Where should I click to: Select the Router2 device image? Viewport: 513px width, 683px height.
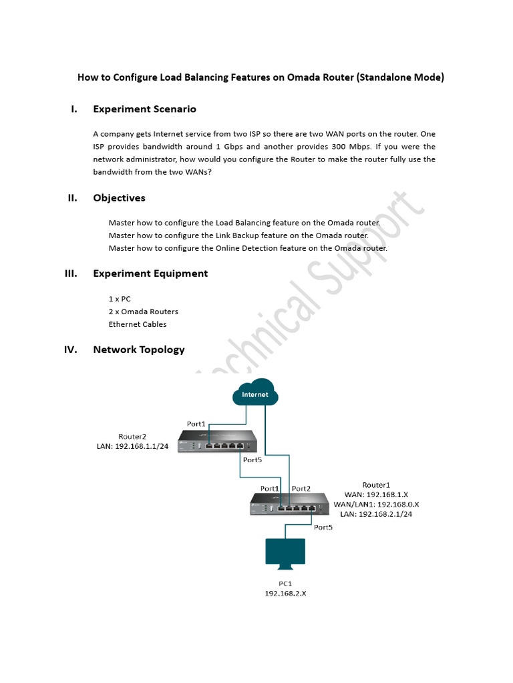[x=217, y=442]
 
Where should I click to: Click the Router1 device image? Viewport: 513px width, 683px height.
[x=290, y=504]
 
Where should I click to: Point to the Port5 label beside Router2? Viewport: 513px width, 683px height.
[x=252, y=460]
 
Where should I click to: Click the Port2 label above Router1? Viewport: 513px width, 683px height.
[x=301, y=488]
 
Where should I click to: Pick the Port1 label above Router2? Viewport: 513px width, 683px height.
[x=196, y=424]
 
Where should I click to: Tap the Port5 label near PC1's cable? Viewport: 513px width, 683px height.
[x=323, y=528]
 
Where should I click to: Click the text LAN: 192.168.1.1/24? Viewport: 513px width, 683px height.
[x=133, y=448]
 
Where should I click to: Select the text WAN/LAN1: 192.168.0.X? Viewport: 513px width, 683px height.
[x=376, y=504]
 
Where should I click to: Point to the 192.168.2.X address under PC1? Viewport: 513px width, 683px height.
[x=285, y=593]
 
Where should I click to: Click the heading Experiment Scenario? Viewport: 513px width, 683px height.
[x=144, y=109]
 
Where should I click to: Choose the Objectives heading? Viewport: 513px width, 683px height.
[x=119, y=198]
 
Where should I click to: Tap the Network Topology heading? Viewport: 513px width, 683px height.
[x=139, y=350]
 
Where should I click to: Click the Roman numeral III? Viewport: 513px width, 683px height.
[x=71, y=273]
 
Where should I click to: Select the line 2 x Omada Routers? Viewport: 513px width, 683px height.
[x=143, y=311]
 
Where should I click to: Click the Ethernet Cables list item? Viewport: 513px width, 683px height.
[x=138, y=324]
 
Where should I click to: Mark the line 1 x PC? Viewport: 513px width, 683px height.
[x=120, y=299]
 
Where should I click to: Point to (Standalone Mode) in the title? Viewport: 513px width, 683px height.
[x=400, y=77]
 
